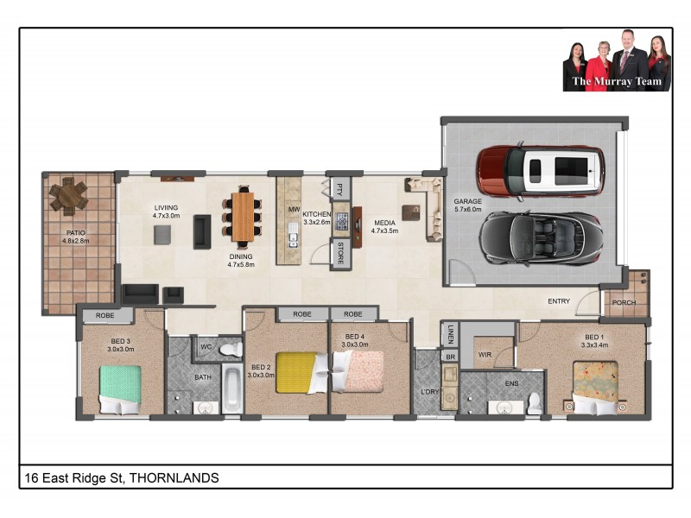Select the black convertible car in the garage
coord(540,238)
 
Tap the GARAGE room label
coord(468,202)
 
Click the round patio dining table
coord(68,195)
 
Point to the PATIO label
coord(75,233)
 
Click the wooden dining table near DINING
coord(244,216)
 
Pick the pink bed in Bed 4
coord(362,370)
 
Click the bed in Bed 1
coord(596,383)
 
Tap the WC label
coord(206,347)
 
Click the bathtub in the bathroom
coord(231,388)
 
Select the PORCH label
coord(624,302)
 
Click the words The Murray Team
coord(617,82)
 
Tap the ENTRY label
coord(559,301)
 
